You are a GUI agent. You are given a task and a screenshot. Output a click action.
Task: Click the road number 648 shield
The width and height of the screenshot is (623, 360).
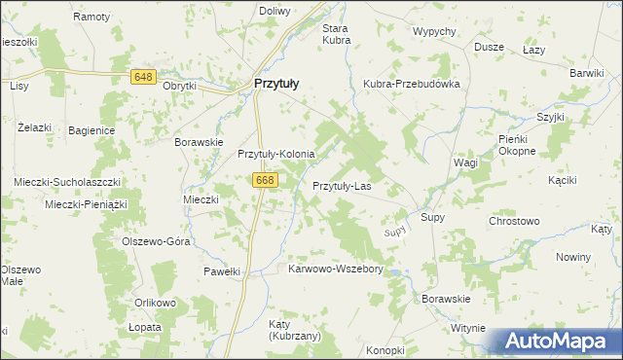click(x=145, y=77)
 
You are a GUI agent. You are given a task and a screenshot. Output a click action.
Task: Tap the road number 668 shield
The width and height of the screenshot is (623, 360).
click(x=265, y=180)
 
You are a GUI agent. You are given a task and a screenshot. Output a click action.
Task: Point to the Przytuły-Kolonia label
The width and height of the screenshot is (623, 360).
click(x=276, y=154)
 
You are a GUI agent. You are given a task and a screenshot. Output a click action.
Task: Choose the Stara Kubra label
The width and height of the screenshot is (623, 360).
click(x=336, y=34)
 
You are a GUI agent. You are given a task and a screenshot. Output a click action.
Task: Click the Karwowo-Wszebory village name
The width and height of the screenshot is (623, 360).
click(x=337, y=269)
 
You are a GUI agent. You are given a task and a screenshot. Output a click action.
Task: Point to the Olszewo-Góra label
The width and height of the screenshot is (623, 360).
click(x=155, y=241)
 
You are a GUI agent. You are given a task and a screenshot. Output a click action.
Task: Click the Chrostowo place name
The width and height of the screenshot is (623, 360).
click(x=514, y=221)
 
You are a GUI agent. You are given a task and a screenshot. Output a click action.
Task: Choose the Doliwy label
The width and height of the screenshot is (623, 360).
click(x=275, y=11)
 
